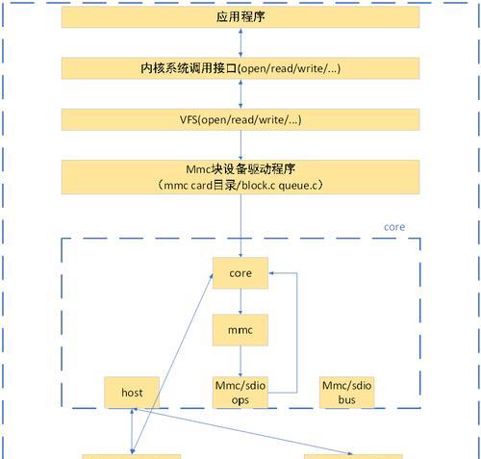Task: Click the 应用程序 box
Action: point(240,17)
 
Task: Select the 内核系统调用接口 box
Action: point(240,68)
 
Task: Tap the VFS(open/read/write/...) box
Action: point(240,119)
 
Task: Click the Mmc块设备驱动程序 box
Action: point(240,177)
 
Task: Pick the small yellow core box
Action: point(240,273)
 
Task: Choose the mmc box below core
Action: point(240,330)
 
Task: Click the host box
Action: point(132,393)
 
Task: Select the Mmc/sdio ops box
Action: point(240,393)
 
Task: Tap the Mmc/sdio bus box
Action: point(347,393)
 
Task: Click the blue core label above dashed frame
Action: point(394,227)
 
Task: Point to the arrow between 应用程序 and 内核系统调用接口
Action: point(240,43)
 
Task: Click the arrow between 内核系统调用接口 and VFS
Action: point(240,94)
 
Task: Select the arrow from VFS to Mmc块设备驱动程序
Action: point(240,145)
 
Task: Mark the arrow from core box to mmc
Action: point(240,301)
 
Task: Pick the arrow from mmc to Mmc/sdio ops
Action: point(240,362)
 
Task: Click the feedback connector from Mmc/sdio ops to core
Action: point(296,333)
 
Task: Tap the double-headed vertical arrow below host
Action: point(132,431)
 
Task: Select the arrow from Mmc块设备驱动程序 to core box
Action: point(240,225)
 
